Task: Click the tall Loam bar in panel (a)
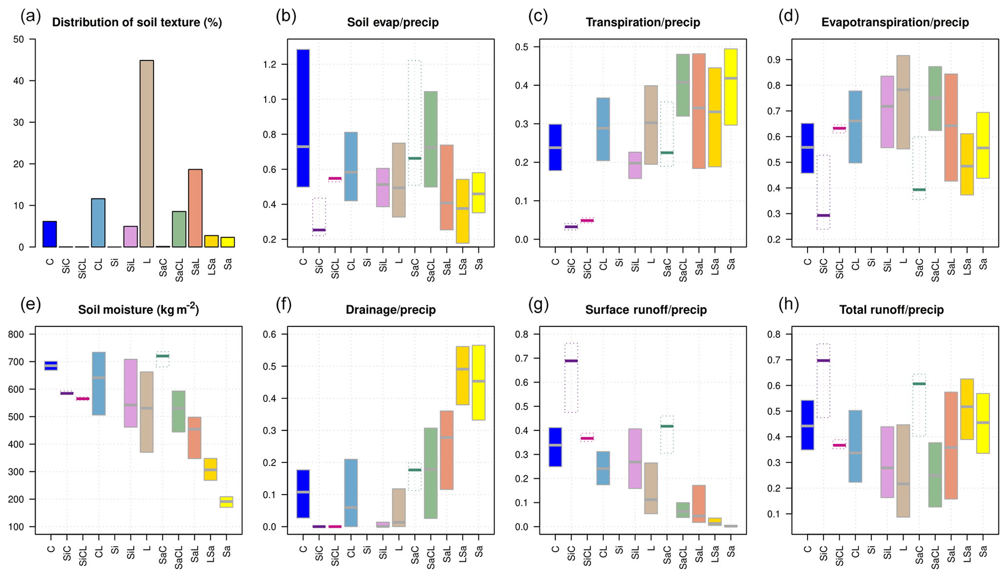point(147,154)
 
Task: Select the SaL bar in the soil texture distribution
point(195,208)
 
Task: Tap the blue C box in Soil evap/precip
point(303,118)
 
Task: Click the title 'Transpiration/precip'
point(643,22)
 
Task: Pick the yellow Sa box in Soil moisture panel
point(226,502)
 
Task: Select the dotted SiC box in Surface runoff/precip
point(571,378)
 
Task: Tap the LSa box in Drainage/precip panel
point(463,375)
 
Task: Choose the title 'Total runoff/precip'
point(891,310)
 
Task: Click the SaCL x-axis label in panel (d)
point(935,268)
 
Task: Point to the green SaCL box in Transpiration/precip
point(683,85)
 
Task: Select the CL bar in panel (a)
point(98,223)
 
